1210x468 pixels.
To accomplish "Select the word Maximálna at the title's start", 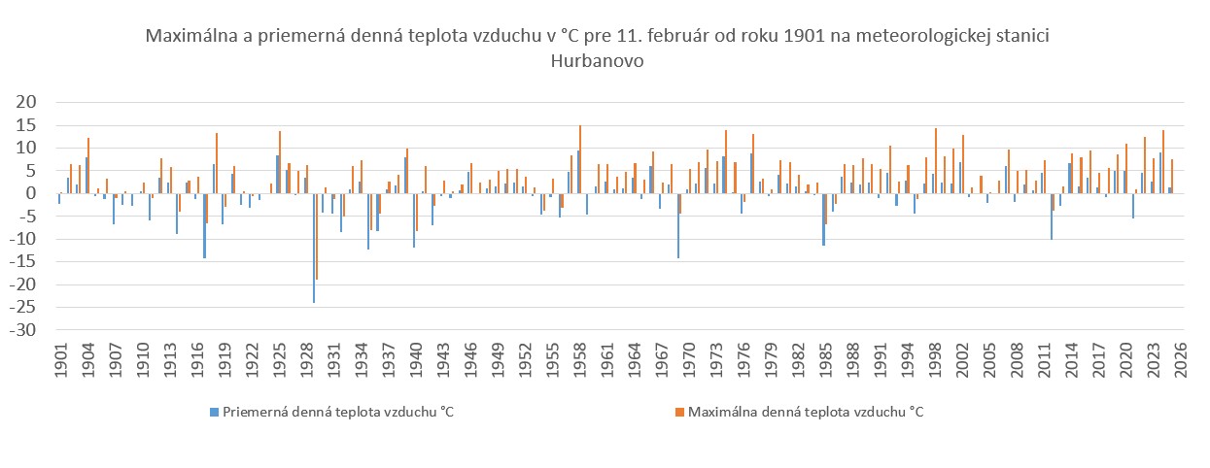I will (x=189, y=37).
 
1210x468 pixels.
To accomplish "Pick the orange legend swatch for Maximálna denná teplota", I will (x=680, y=412).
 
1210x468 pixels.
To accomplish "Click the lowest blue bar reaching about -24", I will (x=313, y=249).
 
